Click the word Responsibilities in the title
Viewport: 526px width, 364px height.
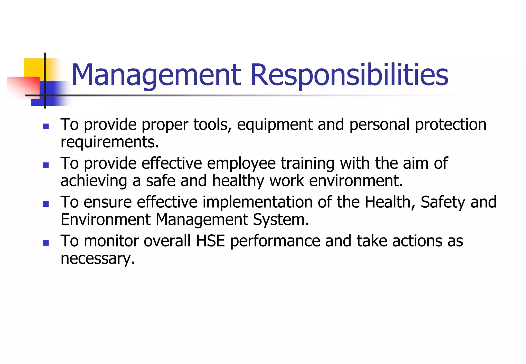tap(349, 75)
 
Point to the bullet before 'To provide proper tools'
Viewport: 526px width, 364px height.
tap(46, 126)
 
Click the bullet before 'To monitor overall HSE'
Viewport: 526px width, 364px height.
tap(46, 243)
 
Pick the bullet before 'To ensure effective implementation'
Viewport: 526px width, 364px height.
tap(46, 204)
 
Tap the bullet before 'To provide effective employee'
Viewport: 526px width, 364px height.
tap(46, 165)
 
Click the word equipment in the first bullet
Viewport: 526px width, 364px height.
tap(275, 125)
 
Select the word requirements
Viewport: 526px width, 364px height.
tap(110, 142)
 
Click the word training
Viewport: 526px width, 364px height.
tap(307, 164)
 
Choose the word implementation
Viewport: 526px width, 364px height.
tap(258, 202)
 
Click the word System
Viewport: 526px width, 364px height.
tap(281, 220)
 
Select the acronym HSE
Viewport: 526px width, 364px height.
tap(210, 241)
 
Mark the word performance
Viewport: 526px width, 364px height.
tap(275, 242)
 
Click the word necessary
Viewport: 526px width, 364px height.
tap(98, 259)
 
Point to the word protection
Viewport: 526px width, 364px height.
tap(450, 125)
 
